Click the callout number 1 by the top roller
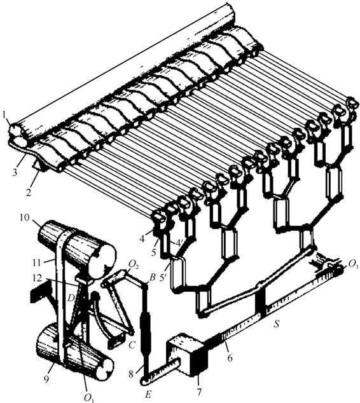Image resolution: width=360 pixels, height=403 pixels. pyautogui.click(x=4, y=115)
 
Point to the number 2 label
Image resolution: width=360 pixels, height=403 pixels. pyautogui.click(x=29, y=192)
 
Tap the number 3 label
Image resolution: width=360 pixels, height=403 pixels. pyautogui.click(x=15, y=172)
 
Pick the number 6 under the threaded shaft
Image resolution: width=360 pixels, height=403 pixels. pyautogui.click(x=230, y=357)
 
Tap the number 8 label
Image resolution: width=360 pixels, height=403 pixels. pyautogui.click(x=132, y=374)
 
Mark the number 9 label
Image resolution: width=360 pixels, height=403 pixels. pyautogui.click(x=46, y=379)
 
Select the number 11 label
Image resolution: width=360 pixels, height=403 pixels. pyautogui.click(x=36, y=263)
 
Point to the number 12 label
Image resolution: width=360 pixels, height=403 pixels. pyautogui.click(x=38, y=278)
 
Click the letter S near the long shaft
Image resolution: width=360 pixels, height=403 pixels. pyautogui.click(x=277, y=324)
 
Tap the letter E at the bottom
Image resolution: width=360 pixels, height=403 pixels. pyautogui.click(x=148, y=394)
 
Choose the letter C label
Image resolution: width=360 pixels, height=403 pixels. pyautogui.click(x=132, y=345)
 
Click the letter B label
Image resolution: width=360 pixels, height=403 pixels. pyautogui.click(x=153, y=278)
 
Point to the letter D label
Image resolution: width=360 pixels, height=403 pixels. pyautogui.click(x=71, y=298)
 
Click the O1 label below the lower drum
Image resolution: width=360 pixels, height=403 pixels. pyautogui.click(x=89, y=398)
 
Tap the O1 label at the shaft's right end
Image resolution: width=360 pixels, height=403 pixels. pyautogui.click(x=352, y=264)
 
